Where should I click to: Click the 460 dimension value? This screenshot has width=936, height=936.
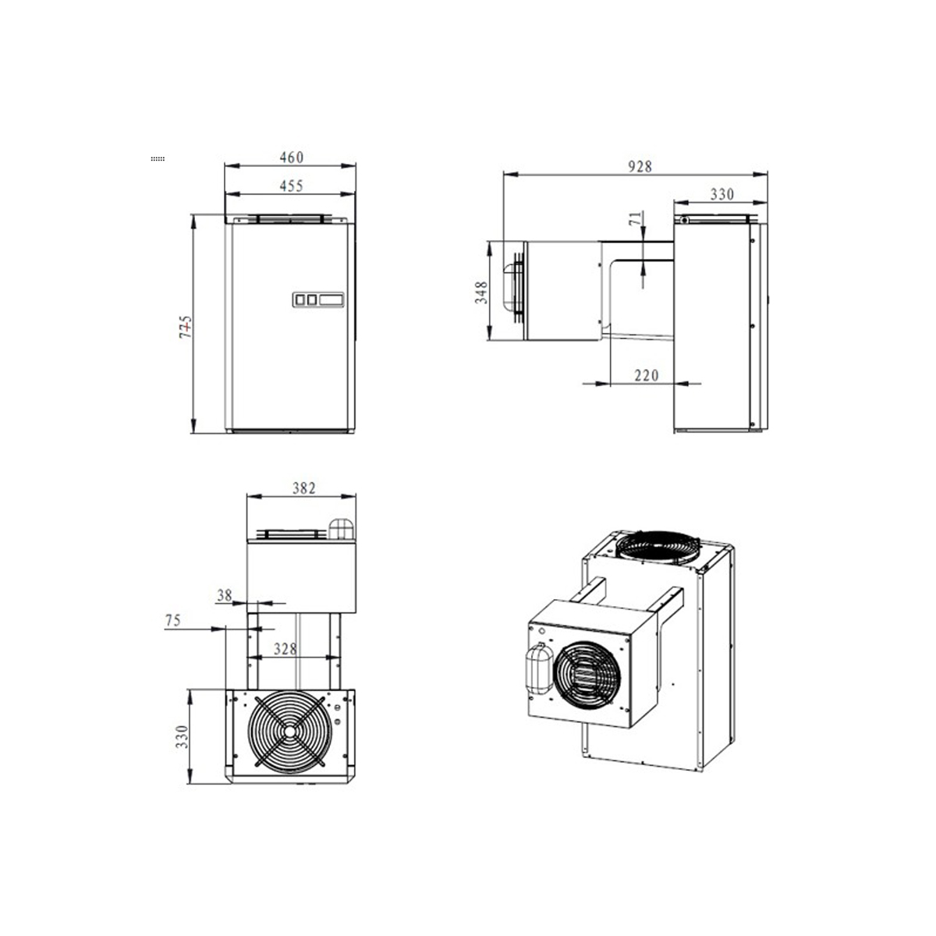292,157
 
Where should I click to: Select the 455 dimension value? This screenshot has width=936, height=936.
292,186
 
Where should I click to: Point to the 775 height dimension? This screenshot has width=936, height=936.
186,327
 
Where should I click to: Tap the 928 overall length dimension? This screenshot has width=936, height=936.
640,167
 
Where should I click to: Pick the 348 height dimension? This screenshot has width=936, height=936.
481,292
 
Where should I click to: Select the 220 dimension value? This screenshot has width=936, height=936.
647,375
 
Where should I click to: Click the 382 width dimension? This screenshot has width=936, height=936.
303,487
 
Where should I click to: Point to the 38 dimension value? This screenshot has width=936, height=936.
224,595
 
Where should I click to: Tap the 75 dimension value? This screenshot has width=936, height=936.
173,620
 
